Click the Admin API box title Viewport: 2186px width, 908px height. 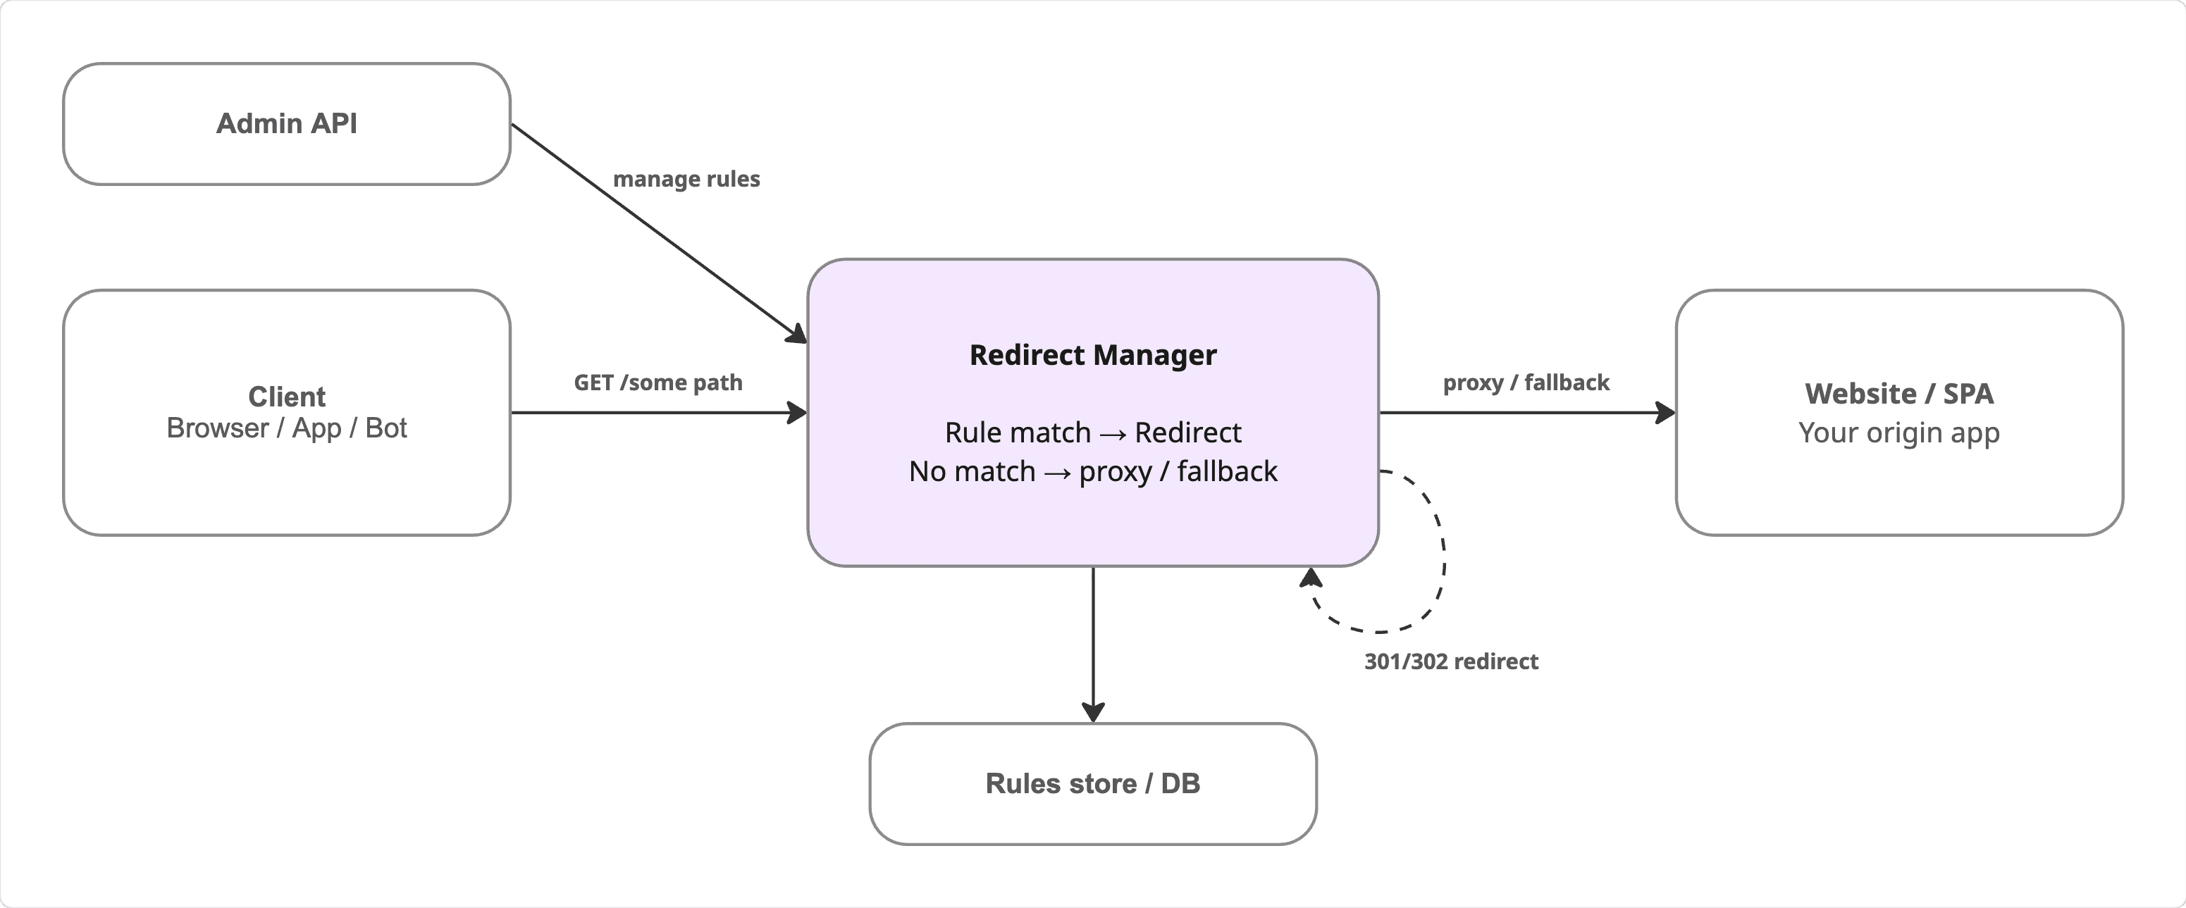286,124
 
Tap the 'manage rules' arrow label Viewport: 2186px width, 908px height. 686,179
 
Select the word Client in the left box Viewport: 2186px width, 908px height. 286,397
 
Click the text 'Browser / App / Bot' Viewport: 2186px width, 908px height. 286,428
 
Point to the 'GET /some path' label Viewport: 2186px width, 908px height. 657,383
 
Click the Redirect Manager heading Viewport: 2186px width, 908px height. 1092,355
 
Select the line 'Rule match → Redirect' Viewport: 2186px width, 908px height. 1092,433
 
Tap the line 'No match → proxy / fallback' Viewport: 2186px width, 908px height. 1092,472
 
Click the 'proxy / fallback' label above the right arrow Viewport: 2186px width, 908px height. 1525,383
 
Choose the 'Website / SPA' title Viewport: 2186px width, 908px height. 1898,394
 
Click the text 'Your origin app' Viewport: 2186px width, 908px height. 1898,433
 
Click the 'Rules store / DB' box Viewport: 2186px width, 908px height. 1092,783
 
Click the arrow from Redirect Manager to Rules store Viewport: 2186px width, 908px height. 1093,637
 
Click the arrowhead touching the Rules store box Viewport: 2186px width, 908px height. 1093,712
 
